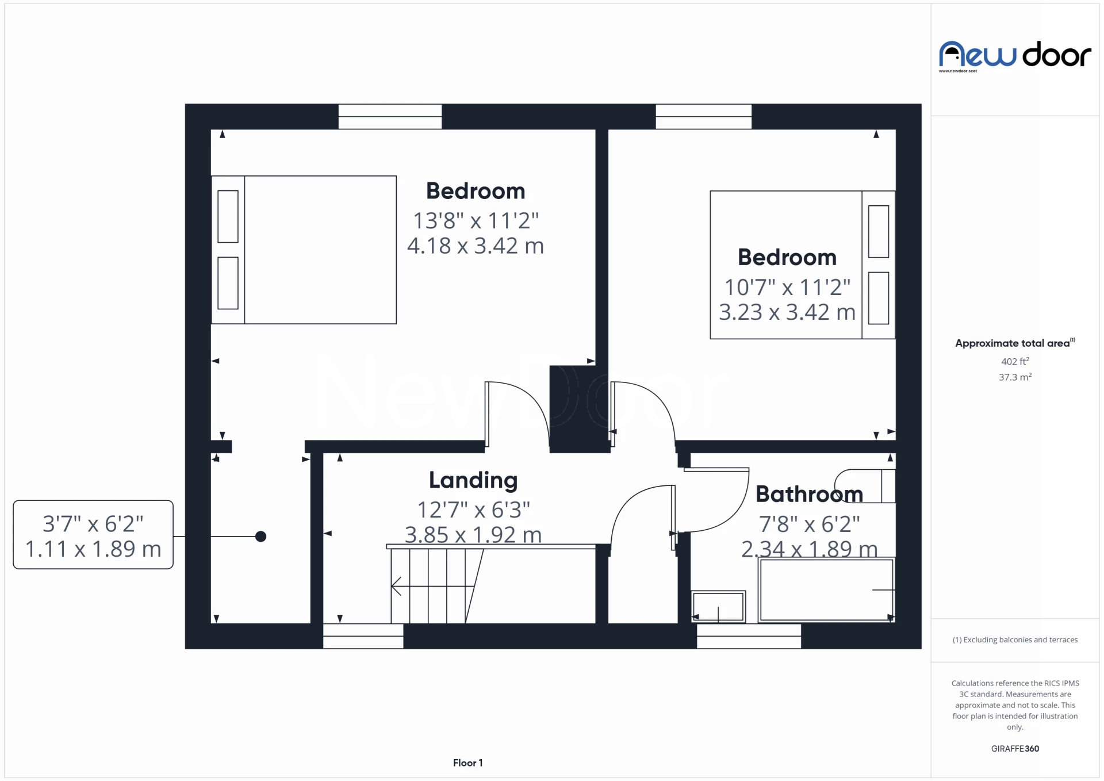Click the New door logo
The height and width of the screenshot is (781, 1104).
click(x=1014, y=55)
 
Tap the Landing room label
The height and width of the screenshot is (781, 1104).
click(x=473, y=480)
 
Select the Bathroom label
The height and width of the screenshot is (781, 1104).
click(x=808, y=494)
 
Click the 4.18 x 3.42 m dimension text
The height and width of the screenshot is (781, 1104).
click(x=475, y=246)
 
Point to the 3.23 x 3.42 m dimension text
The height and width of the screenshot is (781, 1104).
click(x=787, y=312)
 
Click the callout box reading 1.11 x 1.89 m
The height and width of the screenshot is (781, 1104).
click(x=93, y=535)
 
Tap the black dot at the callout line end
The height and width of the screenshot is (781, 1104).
click(x=260, y=537)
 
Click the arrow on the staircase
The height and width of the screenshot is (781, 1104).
click(x=397, y=586)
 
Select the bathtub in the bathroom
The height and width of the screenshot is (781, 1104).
click(x=826, y=589)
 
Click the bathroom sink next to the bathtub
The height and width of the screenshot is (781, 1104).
click(x=718, y=606)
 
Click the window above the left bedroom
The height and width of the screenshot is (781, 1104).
click(x=390, y=117)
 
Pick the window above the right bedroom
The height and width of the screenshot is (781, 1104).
click(x=703, y=117)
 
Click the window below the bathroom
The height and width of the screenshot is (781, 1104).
click(x=749, y=636)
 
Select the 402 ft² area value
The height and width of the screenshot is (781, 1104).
click(x=1015, y=361)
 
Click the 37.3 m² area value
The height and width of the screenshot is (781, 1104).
click(x=1015, y=377)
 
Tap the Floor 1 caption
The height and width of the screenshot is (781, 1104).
click(x=467, y=763)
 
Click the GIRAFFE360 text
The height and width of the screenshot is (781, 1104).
click(x=1015, y=748)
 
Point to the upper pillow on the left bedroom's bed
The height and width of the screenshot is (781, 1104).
click(x=228, y=217)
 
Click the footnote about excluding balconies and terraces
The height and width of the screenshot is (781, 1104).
click(x=1015, y=640)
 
